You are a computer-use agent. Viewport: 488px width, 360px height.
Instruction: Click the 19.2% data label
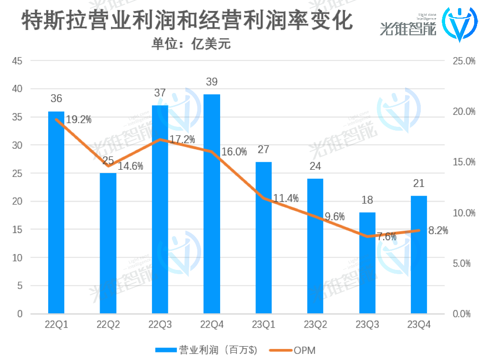click(78, 120)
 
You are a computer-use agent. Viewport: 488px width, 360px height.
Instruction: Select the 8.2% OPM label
click(438, 231)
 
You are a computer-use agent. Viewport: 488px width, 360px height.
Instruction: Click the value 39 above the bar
click(212, 82)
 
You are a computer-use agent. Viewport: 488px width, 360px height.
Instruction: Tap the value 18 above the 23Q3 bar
click(367, 200)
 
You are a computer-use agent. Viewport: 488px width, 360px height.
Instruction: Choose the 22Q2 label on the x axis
click(108, 325)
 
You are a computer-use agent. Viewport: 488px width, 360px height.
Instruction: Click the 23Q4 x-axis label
click(419, 325)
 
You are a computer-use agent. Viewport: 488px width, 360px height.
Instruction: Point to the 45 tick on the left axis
click(17, 61)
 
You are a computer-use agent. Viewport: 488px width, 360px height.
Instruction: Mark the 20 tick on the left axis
click(17, 202)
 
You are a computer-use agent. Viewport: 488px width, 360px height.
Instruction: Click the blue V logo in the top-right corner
click(458, 24)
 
